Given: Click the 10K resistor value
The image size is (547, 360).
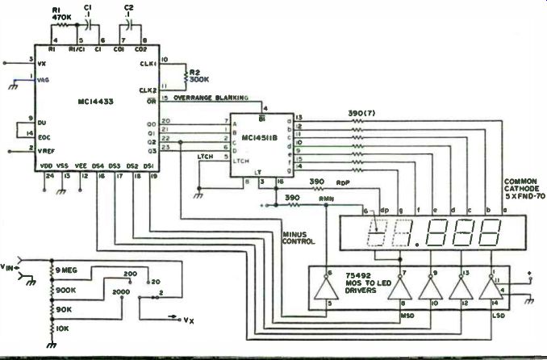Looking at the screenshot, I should click(x=62, y=329).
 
